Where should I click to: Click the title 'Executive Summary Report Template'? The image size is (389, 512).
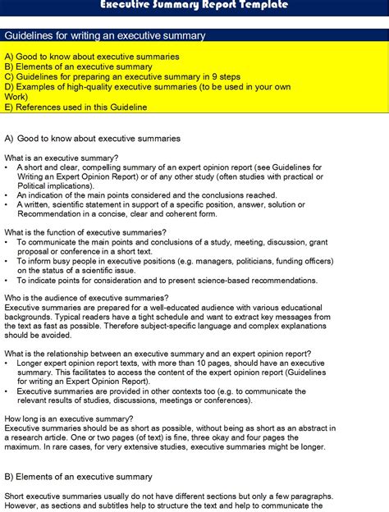pos(194,5)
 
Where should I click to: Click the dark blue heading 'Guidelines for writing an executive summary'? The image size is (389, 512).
pos(105,36)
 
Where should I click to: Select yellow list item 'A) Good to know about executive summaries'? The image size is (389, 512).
pos(92,56)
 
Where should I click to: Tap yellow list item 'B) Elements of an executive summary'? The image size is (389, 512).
pos(78,66)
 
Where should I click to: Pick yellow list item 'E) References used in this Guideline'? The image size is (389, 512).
pos(76,107)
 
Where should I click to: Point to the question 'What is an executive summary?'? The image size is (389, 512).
pos(62,158)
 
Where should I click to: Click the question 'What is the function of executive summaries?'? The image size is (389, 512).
pos(85,232)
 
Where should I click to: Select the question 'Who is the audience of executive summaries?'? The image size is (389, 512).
pos(86,298)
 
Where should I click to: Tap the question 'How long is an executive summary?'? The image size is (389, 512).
pos(69,418)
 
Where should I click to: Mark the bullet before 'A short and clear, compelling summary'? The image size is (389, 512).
pos(7,167)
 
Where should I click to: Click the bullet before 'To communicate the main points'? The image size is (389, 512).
pos(7,242)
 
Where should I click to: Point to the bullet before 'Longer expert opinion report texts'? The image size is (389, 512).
pos(7,363)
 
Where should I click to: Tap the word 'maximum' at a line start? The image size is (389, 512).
pos(24,447)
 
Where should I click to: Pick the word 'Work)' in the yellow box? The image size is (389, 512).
pos(16,96)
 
